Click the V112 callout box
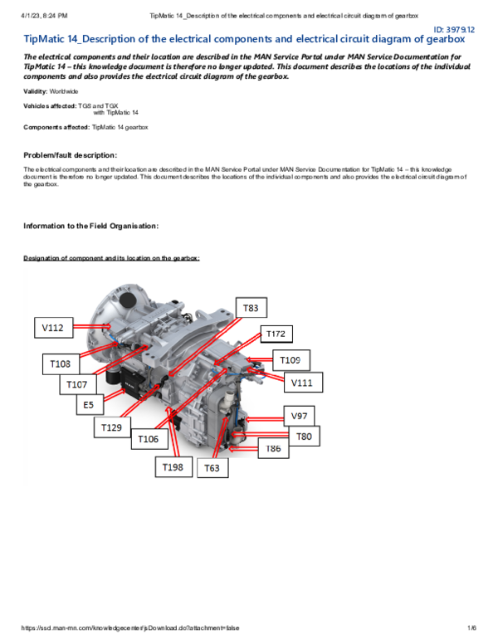(53, 329)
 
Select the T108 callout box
(61, 363)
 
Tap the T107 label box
(77, 385)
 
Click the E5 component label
(89, 406)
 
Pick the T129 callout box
(111, 427)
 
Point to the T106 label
(148, 439)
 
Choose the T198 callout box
(173, 468)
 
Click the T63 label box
(212, 469)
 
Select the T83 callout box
(251, 309)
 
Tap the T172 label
(276, 334)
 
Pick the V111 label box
(302, 383)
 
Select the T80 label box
(304, 436)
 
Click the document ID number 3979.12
(461, 29)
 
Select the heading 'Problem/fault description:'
(71, 155)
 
